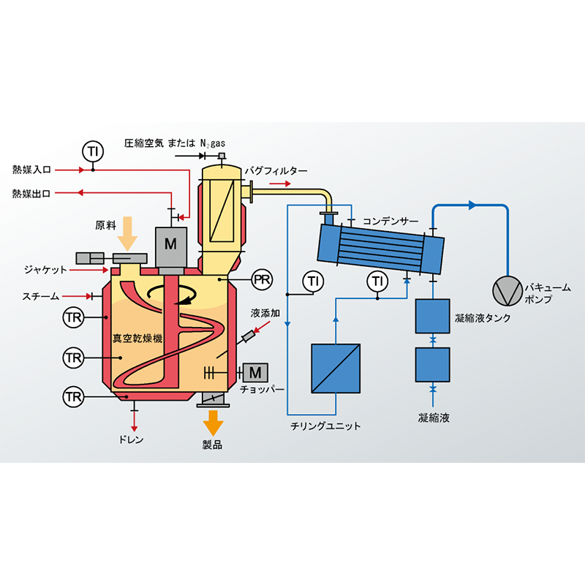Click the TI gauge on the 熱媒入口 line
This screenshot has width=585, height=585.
pyautogui.click(x=92, y=152)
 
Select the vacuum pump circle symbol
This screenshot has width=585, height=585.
pyautogui.click(x=505, y=290)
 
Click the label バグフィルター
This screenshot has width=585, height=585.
pyautogui.click(x=271, y=170)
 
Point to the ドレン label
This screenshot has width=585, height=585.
pyautogui.click(x=132, y=440)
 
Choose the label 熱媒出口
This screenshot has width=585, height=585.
pyautogui.click(x=31, y=193)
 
